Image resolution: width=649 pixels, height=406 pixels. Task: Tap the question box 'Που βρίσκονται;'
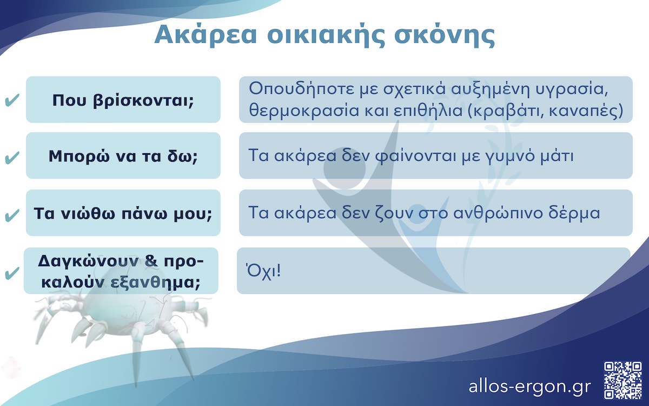coord(123,100)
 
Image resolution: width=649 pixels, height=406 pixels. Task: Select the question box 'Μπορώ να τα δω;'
coord(123,156)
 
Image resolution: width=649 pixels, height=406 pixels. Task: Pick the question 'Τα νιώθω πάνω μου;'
coord(123,213)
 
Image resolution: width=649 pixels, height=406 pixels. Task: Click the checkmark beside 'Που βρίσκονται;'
coord(12,101)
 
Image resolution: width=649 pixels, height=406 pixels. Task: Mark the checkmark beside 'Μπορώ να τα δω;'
coord(12,158)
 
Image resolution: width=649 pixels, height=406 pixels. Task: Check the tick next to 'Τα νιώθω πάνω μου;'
coord(12,215)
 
